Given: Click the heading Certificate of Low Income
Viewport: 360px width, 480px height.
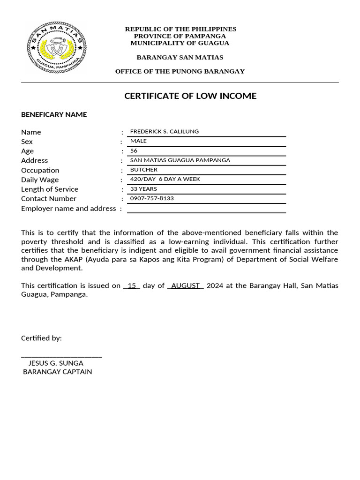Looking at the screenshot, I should [x=190, y=96].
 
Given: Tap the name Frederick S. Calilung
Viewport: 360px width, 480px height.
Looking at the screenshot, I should [x=164, y=131].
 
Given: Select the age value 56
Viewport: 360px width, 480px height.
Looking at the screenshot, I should [x=134, y=150].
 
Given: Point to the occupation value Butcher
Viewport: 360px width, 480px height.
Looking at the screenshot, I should [x=143, y=170].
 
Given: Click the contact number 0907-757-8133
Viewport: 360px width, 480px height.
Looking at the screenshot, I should [x=152, y=198].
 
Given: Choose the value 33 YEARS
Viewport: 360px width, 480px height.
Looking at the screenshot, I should [x=143, y=189].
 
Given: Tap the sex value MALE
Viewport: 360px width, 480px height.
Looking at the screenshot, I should [x=138, y=141].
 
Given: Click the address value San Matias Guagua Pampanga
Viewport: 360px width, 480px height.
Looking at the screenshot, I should [x=180, y=160].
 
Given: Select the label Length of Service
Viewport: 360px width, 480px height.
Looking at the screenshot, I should [x=50, y=189].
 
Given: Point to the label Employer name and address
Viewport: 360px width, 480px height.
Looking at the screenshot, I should [x=68, y=208].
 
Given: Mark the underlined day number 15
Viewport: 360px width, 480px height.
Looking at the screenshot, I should [x=132, y=285].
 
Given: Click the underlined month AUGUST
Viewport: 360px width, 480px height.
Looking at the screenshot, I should [x=186, y=285].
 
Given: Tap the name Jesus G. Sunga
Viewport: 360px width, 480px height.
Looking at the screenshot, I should [x=56, y=363].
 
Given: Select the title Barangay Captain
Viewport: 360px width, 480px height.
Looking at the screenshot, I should [x=57, y=372].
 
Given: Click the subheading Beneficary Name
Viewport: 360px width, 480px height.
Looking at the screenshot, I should [x=54, y=114].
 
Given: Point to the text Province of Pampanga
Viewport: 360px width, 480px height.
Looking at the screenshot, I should [x=180, y=36].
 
